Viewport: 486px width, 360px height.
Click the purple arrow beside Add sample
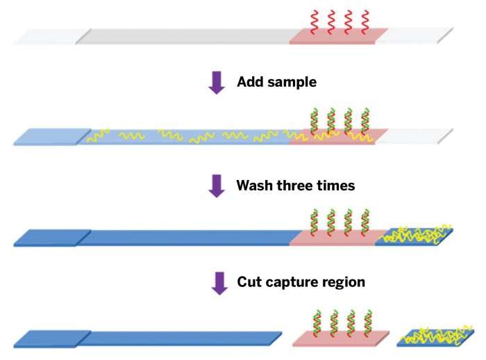(217, 82)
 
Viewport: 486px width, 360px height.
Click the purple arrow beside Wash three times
(217, 186)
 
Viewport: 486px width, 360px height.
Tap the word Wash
(253, 186)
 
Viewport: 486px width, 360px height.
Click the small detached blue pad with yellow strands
(435, 337)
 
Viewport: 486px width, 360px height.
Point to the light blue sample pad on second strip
(52, 136)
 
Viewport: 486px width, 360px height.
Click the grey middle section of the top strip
(187, 36)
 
